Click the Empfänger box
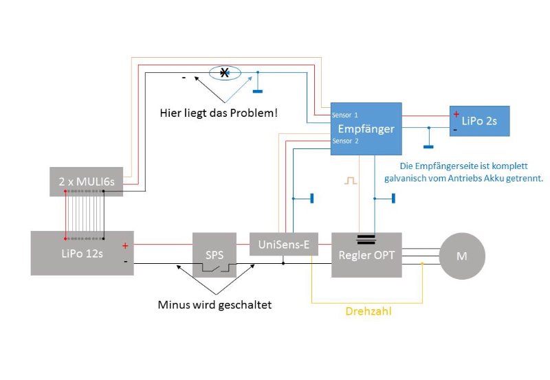(x=366, y=128)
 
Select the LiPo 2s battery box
(x=479, y=121)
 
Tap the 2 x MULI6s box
(x=87, y=181)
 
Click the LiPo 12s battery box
(x=82, y=253)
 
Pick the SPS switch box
(x=214, y=255)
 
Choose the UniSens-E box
(x=284, y=245)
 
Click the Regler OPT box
(x=366, y=255)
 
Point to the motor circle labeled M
(x=462, y=256)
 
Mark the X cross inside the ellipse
(x=224, y=73)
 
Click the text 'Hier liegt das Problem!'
(x=219, y=113)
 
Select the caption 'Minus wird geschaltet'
(x=214, y=304)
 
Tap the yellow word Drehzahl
(x=368, y=311)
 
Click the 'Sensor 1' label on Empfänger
(x=345, y=115)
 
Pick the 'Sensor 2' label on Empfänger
(x=345, y=141)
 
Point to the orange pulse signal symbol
(x=351, y=181)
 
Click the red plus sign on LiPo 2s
(x=456, y=114)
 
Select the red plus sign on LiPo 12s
(x=125, y=246)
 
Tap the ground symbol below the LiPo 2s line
(x=428, y=147)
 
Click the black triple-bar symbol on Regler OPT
(x=366, y=240)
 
